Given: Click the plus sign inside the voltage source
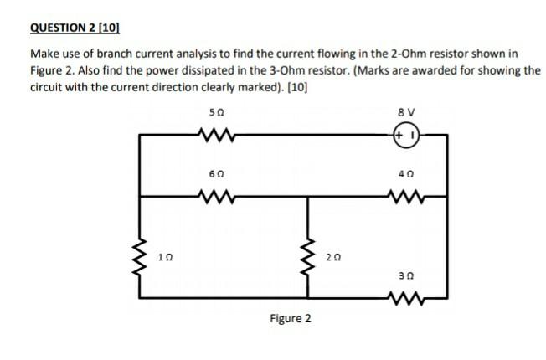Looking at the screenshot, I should pyautogui.click(x=402, y=134).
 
